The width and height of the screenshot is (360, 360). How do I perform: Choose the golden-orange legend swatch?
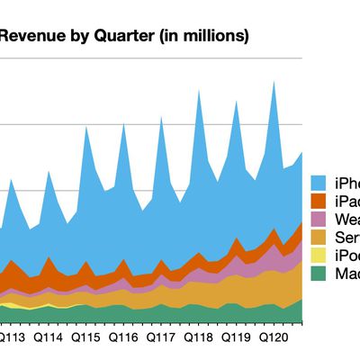click(317, 238)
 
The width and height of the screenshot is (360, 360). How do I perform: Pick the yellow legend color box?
click(317, 256)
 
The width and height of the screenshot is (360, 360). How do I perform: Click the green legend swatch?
click(317, 274)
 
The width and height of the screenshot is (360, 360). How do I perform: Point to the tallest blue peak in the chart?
click(274, 83)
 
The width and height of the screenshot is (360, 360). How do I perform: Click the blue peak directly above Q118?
click(198, 92)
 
